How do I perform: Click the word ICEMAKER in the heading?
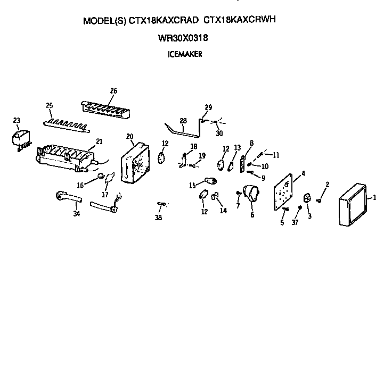[185, 54]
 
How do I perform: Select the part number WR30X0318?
[183, 38]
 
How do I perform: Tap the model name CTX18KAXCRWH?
[240, 20]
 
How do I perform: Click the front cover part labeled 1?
[353, 204]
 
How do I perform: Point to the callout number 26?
[114, 91]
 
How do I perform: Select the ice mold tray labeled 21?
[66, 158]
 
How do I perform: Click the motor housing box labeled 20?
[135, 163]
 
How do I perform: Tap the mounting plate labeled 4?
[283, 192]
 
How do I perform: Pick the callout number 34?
[77, 214]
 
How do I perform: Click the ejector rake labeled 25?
[67, 126]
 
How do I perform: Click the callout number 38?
[158, 218]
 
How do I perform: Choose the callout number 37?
[295, 222]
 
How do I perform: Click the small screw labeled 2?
[319, 200]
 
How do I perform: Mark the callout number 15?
[192, 186]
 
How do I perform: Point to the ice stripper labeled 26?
[105, 110]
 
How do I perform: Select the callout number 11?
[276, 155]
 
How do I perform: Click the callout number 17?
[105, 195]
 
